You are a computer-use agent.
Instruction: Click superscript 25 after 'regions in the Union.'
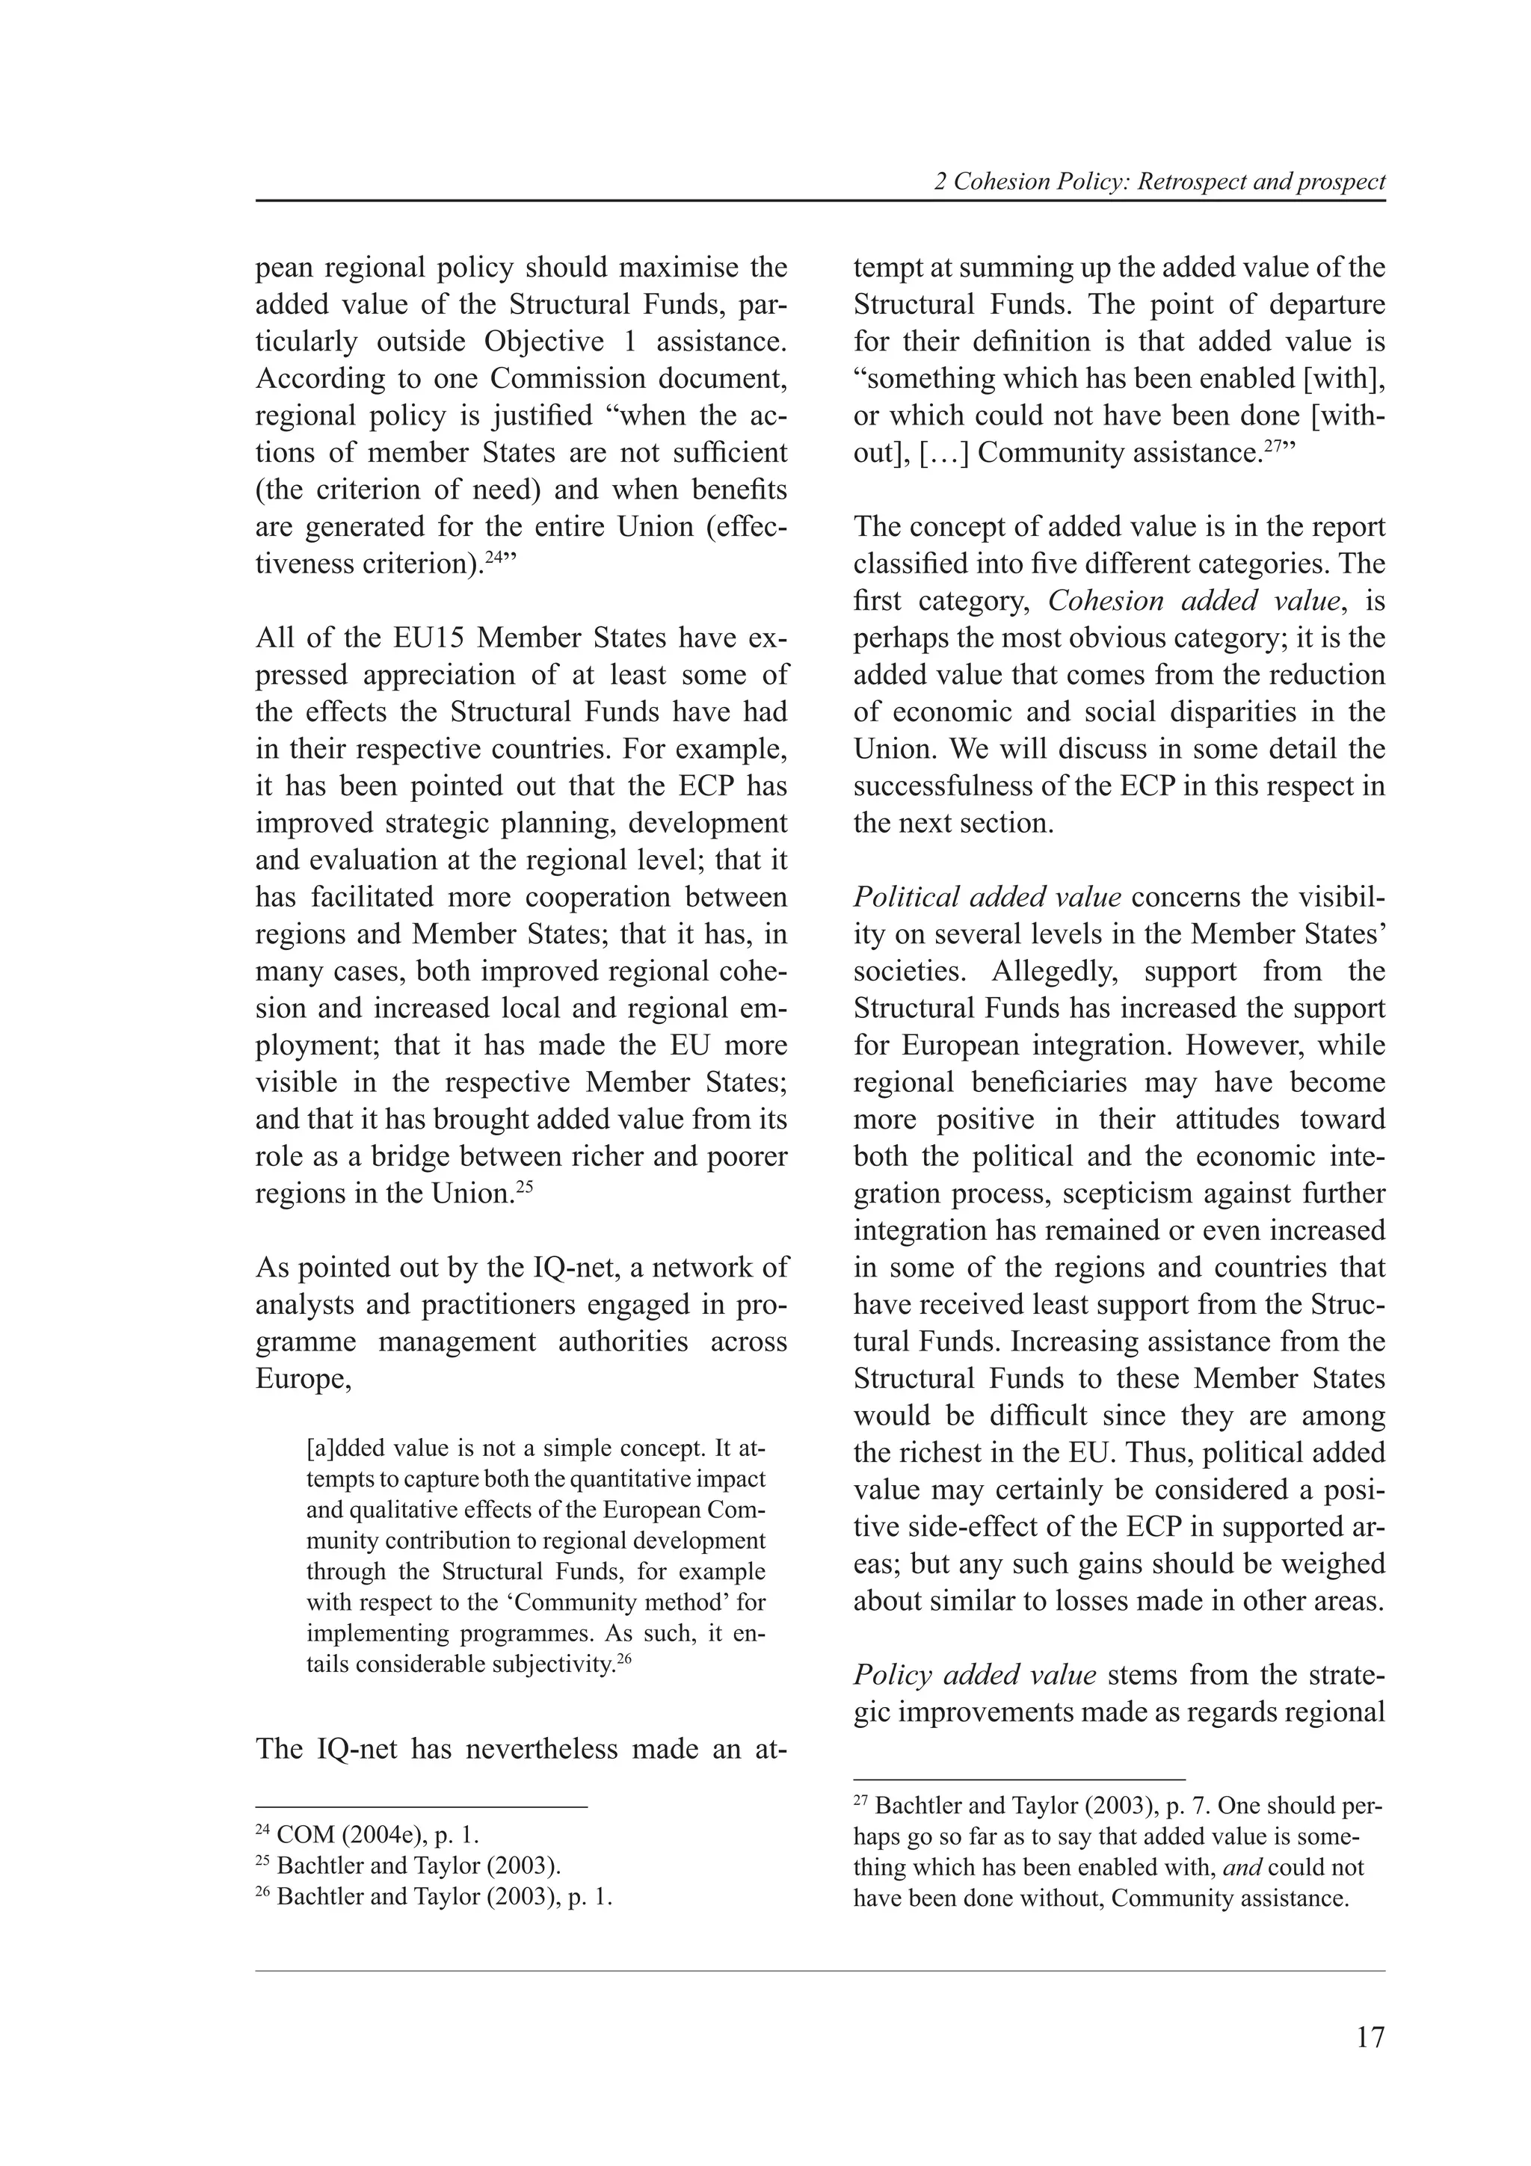click(525, 1187)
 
